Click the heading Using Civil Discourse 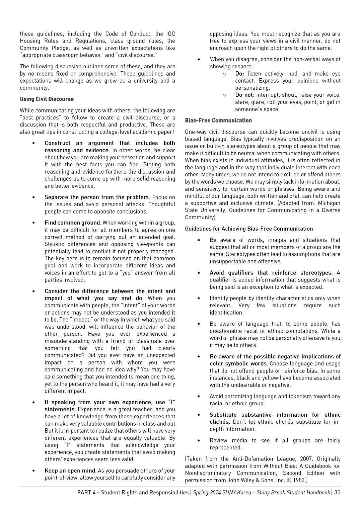point(47,99)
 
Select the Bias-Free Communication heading point(218,120)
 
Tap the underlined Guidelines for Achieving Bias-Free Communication point(249,229)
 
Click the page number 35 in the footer point(337,492)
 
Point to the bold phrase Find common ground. point(73,223)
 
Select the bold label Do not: point(245,95)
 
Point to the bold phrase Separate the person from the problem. point(97,197)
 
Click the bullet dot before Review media point(199,441)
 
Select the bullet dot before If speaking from point(33,403)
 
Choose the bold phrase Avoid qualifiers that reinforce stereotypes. point(271,273)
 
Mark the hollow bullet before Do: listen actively point(224,74)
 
